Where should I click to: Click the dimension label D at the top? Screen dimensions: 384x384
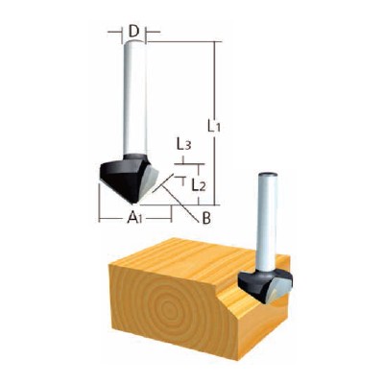134,32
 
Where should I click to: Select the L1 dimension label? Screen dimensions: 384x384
214,127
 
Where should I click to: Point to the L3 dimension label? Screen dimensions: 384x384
184,146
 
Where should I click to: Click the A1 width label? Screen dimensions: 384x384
134,219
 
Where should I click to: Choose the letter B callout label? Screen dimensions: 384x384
206,219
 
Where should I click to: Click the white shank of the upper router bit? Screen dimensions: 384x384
135,97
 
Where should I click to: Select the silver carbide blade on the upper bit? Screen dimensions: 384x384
149,181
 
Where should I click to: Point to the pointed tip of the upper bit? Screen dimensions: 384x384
133,203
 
